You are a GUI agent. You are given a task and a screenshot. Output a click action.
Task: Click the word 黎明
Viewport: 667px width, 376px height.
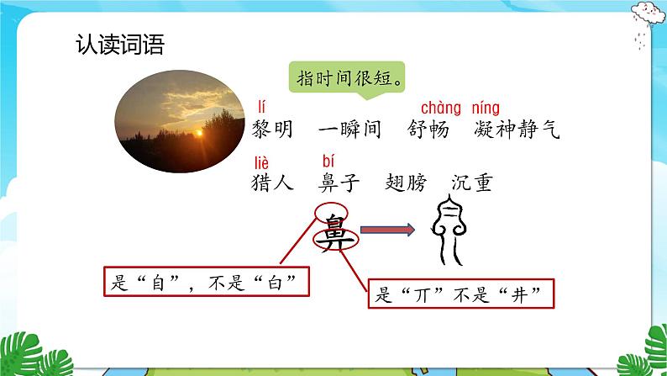pyautogui.click(x=273, y=130)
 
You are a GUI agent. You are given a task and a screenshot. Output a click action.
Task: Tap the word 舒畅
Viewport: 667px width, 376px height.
pyautogui.click(x=428, y=130)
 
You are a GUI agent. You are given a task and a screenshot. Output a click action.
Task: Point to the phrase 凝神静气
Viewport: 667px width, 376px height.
pyautogui.click(x=516, y=130)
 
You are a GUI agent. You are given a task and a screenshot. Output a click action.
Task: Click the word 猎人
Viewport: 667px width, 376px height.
pyautogui.click(x=273, y=182)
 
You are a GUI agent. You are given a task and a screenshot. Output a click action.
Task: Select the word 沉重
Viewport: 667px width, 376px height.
pyautogui.click(x=472, y=182)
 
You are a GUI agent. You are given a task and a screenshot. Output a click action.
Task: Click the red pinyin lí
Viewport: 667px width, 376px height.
pyautogui.click(x=261, y=107)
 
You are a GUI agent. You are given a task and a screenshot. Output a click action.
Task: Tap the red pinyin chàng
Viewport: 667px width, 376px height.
pyautogui.click(x=441, y=108)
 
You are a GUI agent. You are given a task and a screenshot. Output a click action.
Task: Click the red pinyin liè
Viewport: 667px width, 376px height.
pyautogui.click(x=263, y=160)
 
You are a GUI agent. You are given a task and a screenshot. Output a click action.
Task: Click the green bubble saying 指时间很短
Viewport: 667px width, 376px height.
pyautogui.click(x=348, y=80)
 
